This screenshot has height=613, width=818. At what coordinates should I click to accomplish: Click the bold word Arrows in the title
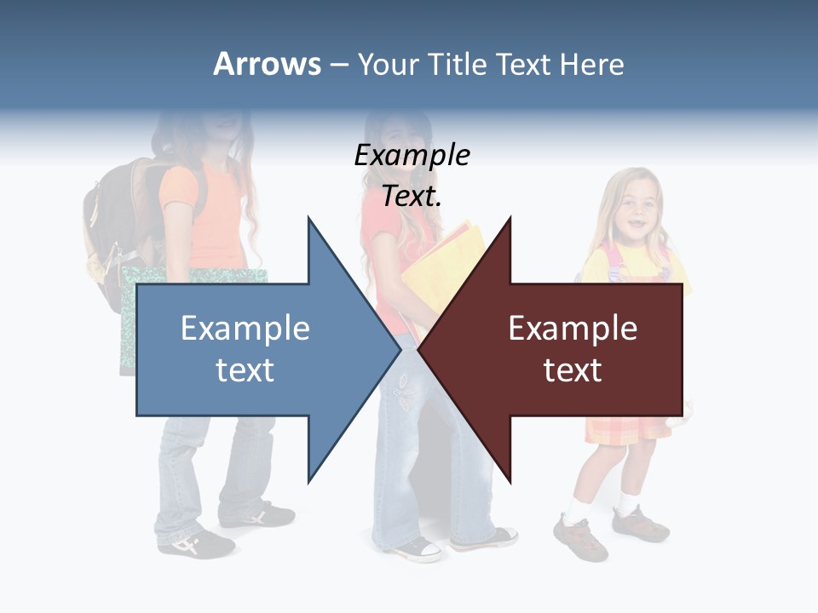click(267, 64)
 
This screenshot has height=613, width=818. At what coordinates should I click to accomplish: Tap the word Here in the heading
click(591, 64)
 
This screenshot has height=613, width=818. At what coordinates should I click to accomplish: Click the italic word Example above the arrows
click(412, 155)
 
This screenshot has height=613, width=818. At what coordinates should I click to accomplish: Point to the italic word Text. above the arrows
click(412, 197)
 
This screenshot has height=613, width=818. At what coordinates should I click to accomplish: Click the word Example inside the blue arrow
click(245, 328)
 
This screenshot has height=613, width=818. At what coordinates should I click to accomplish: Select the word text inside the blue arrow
click(245, 370)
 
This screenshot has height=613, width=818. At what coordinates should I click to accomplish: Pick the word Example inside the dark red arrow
click(573, 328)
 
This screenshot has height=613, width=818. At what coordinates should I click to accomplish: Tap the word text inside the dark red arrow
click(573, 370)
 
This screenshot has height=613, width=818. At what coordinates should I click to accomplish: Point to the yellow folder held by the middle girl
click(452, 255)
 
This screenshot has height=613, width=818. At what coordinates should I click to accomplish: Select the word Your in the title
click(386, 64)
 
